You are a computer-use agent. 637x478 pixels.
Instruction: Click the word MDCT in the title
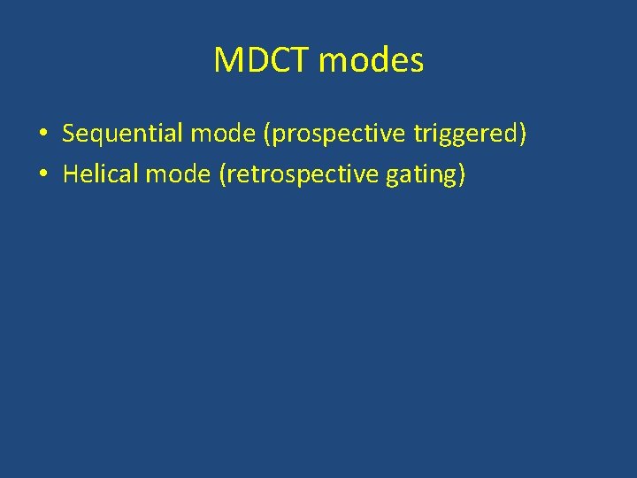tap(261, 60)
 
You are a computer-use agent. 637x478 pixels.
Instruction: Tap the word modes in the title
tap(371, 60)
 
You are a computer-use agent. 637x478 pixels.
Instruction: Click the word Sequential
tap(119, 134)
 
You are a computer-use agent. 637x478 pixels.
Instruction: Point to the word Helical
tap(101, 174)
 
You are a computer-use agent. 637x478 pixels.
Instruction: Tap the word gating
tap(421, 175)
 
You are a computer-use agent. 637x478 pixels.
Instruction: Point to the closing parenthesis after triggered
tap(523, 135)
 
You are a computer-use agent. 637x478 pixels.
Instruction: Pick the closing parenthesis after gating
tap(461, 175)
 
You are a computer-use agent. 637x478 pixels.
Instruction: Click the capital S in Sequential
tap(68, 134)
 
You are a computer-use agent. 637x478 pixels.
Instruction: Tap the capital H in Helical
tap(70, 174)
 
